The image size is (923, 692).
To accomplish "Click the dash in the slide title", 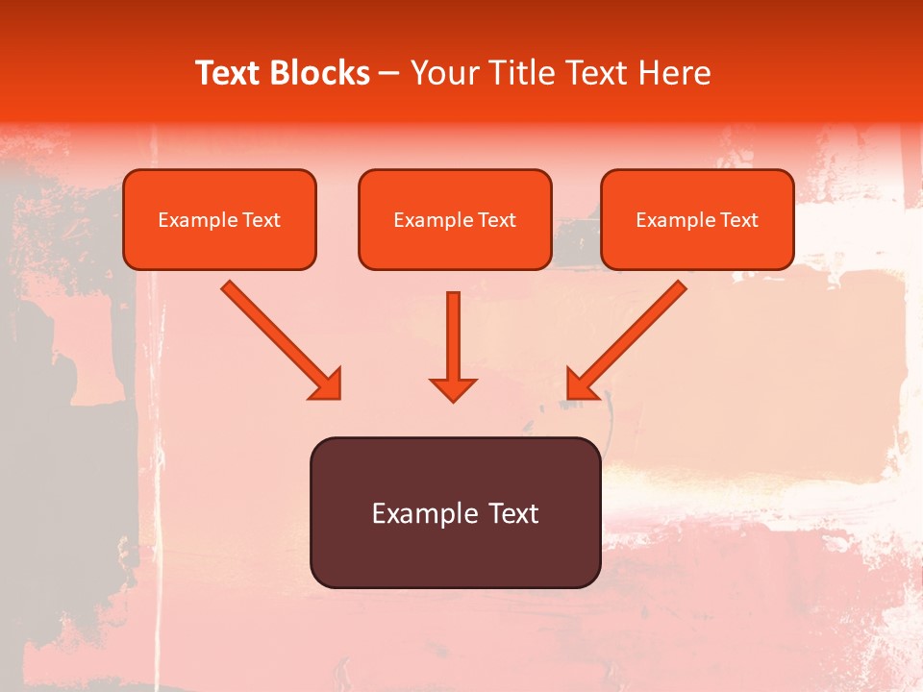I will click(389, 74).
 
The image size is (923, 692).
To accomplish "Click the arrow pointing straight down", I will click(453, 341).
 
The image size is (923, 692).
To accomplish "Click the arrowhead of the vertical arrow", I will click(453, 389).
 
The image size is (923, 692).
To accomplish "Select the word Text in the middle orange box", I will click(496, 220).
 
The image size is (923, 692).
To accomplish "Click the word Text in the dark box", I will click(513, 513).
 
